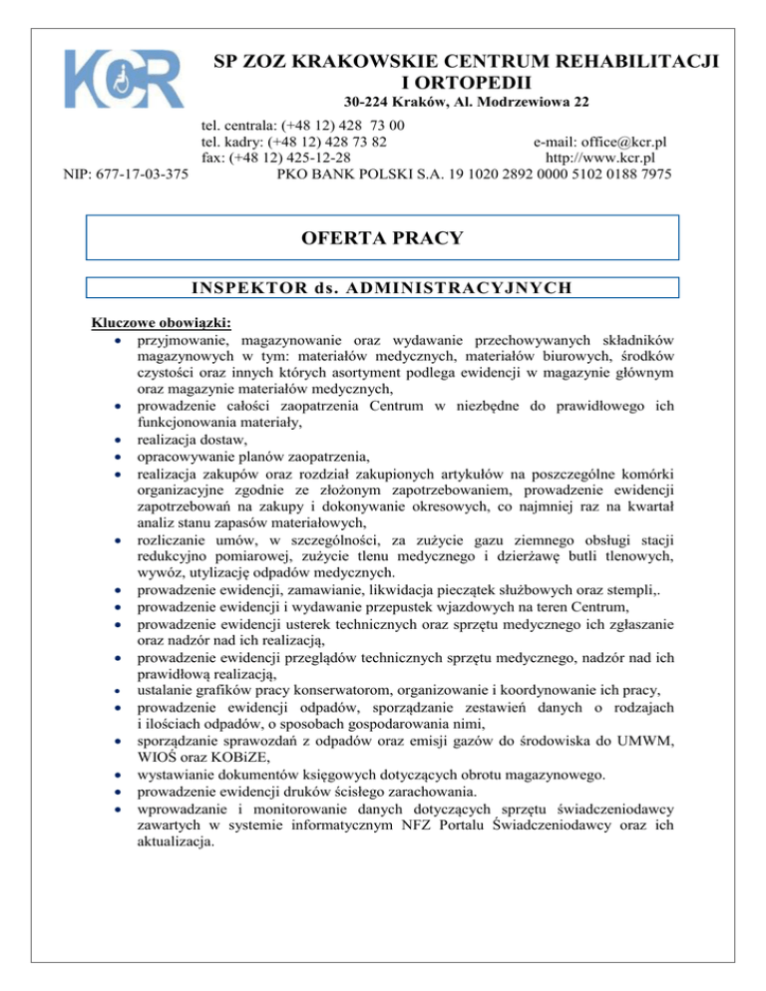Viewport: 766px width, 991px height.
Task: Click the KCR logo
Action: coord(123,76)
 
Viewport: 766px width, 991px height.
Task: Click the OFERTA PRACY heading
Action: coord(383,238)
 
